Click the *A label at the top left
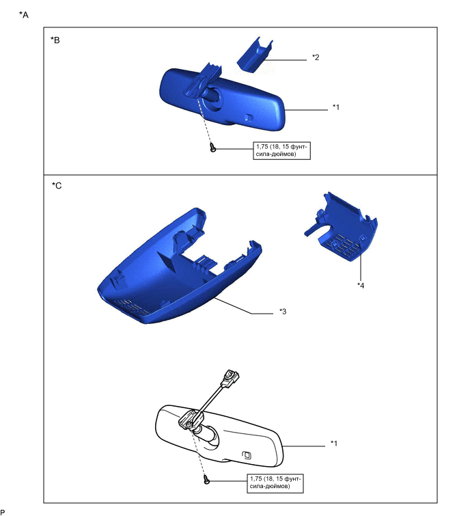pos(24,15)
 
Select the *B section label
pos(55,40)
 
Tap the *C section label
pos(57,186)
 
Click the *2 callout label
pos(316,57)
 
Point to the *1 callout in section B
pos(336,107)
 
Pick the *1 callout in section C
pos(334,444)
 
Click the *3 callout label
pos(283,311)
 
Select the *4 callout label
pos(361,285)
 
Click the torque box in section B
pos(281,151)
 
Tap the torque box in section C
pos(275,483)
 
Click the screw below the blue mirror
pos(213,148)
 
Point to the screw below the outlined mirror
pos(206,480)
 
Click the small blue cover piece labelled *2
pos(255,55)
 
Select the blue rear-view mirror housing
pos(222,98)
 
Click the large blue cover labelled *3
pos(179,267)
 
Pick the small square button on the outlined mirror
pos(247,455)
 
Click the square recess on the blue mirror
pos(249,118)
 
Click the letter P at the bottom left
pos(2,512)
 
